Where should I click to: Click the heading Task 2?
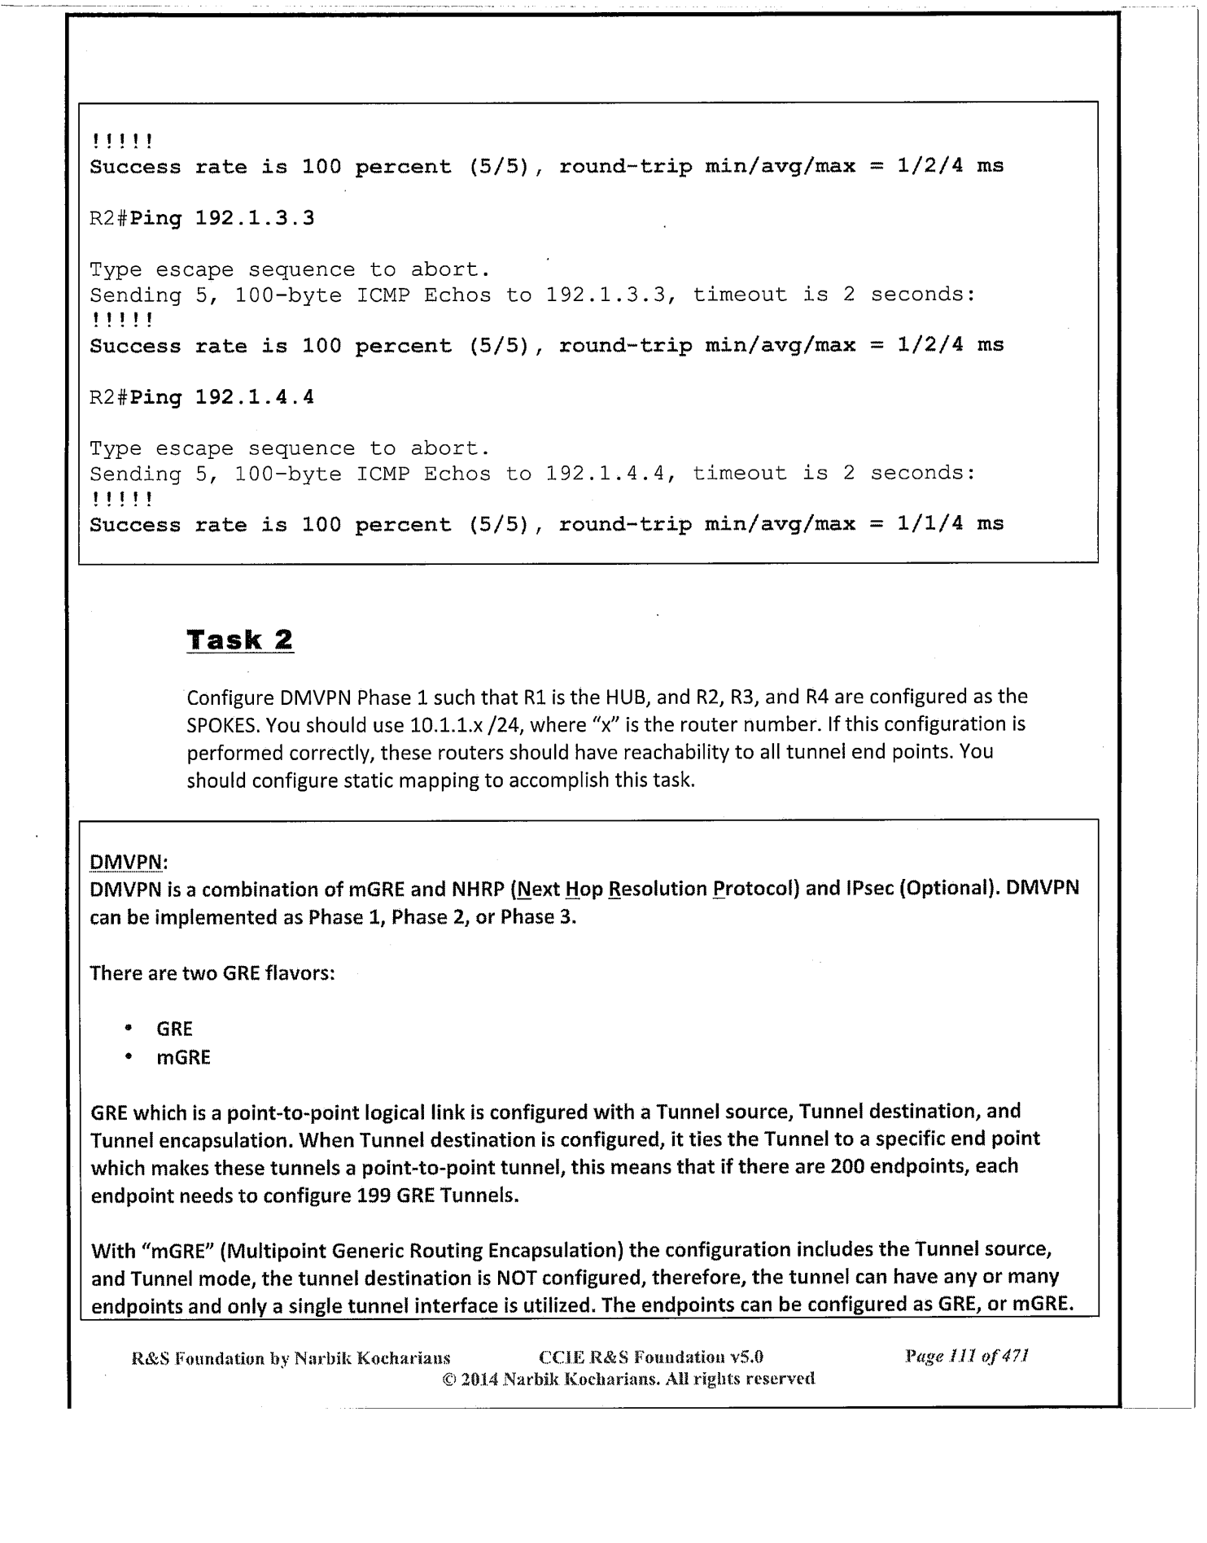pos(240,640)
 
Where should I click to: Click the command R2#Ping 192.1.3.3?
pos(201,218)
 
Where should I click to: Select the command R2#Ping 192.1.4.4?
pos(201,397)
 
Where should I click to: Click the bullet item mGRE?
pos(183,1057)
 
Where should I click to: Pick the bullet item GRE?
pos(174,1029)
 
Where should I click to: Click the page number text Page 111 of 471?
pos(966,1357)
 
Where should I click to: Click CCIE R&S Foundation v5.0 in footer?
pos(651,1357)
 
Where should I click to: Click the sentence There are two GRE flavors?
pos(212,973)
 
